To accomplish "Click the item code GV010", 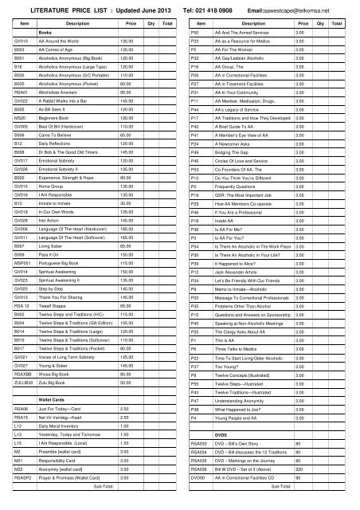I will pos(21,41).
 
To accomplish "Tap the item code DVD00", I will pos(198,496).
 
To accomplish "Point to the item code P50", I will pos(194,32).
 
